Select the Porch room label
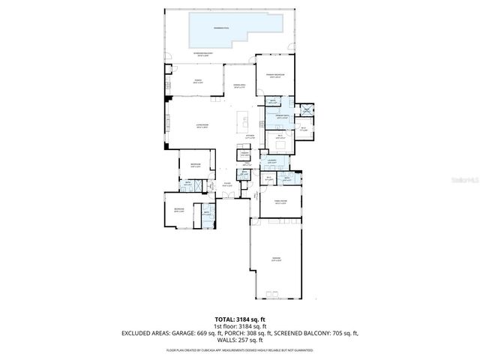(198, 82)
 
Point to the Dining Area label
(241, 87)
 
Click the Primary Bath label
(281, 117)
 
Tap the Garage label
(277, 259)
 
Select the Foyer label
(227, 184)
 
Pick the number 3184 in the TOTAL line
(248, 319)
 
